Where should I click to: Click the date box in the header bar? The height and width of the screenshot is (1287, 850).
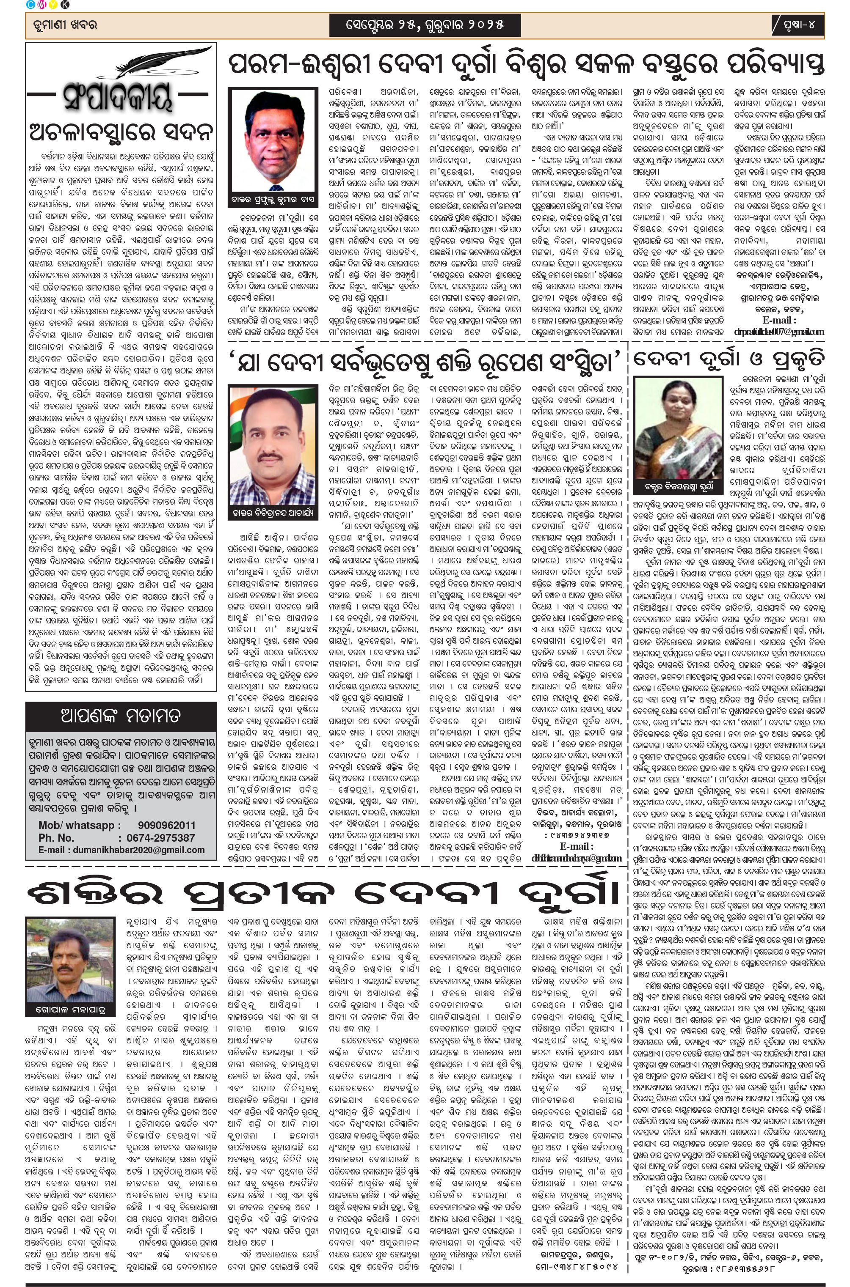(425, 25)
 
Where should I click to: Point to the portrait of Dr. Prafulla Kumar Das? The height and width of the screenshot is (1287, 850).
(273, 140)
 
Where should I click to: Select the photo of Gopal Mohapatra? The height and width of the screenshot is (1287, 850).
(70, 960)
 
